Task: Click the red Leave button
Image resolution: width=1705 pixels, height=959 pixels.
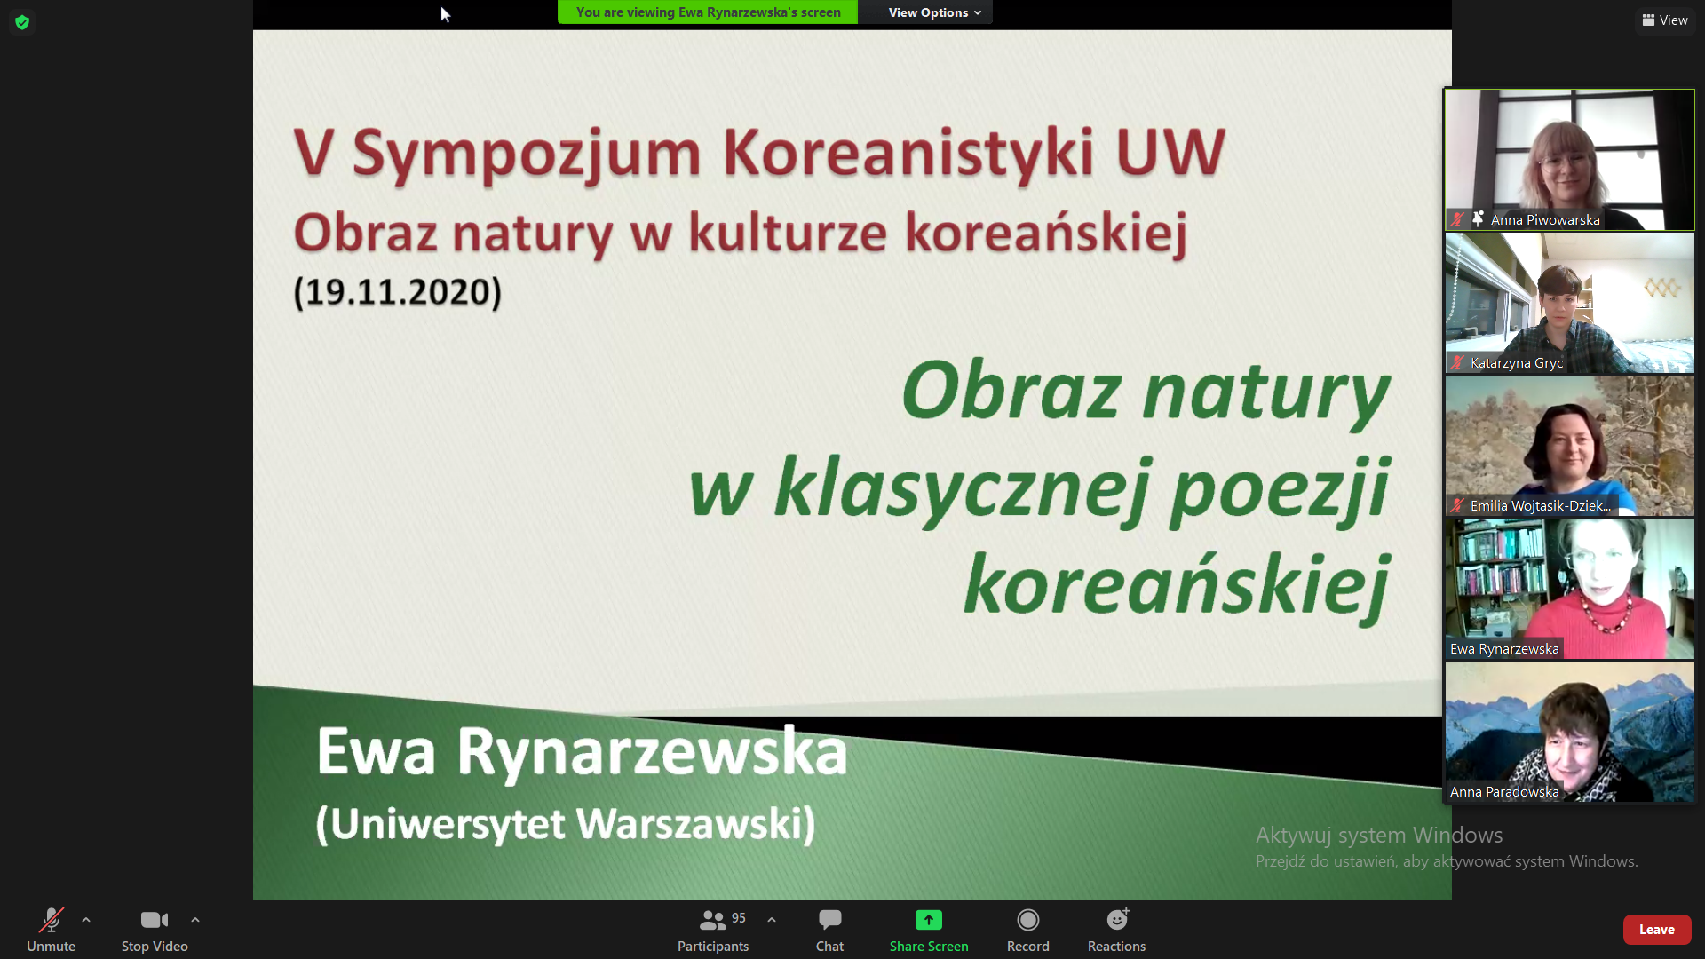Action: (x=1656, y=930)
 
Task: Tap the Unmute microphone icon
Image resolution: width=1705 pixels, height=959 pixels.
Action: (x=52, y=920)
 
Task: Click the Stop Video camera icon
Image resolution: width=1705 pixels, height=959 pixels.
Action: (x=155, y=920)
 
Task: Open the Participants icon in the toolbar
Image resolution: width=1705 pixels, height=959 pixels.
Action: (x=713, y=920)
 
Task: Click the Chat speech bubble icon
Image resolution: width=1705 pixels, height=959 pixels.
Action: (x=829, y=920)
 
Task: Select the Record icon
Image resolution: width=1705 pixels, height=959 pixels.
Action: (x=1027, y=920)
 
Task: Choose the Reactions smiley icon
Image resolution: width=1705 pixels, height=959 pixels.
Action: (x=1117, y=919)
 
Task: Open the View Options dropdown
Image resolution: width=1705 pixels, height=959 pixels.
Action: (x=934, y=12)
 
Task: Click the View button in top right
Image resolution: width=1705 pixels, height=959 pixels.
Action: (x=1665, y=20)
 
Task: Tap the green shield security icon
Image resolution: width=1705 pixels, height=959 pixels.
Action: (x=22, y=22)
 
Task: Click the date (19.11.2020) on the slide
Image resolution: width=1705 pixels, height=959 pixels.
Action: (x=398, y=292)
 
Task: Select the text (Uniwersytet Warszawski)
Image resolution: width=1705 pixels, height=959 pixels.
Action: (x=566, y=824)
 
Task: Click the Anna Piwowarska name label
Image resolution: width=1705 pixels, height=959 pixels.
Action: (x=1545, y=219)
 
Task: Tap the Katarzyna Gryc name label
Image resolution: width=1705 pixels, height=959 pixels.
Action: (x=1517, y=362)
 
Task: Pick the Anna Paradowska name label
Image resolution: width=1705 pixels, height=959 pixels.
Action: (x=1504, y=791)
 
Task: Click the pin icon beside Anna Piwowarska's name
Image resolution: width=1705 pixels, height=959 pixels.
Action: (x=1478, y=218)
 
